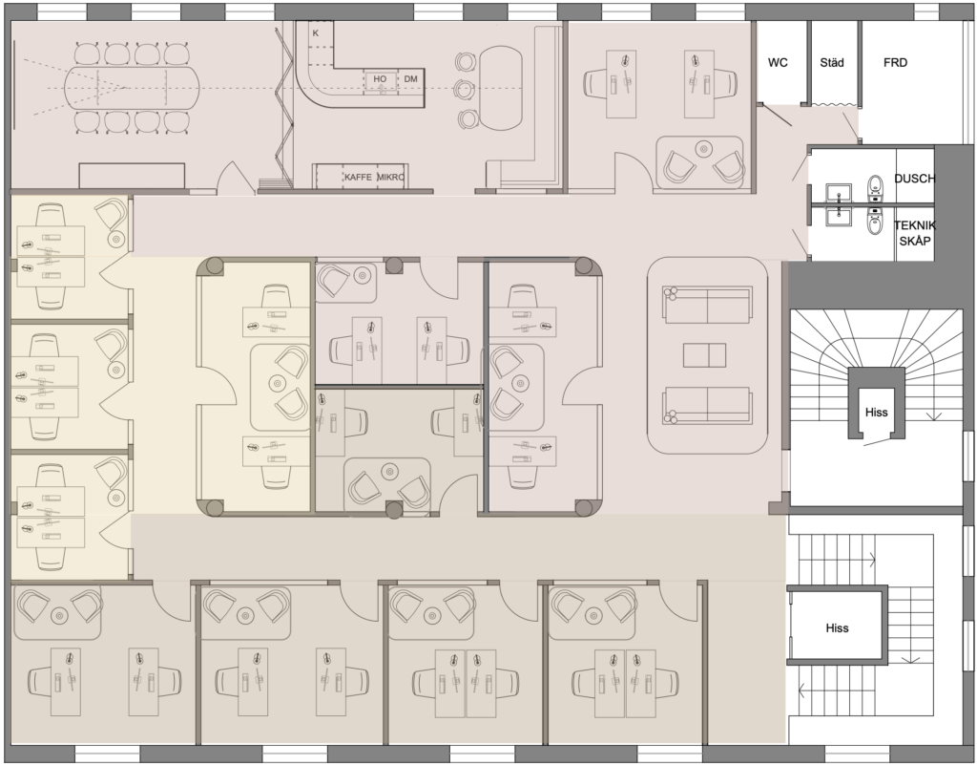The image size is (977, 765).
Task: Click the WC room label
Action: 778,62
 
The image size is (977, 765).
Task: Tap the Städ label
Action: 832,62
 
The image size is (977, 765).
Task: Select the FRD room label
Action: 895,62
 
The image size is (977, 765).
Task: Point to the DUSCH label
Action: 915,179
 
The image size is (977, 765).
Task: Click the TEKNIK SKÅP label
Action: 915,232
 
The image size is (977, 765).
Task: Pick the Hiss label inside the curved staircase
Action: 876,413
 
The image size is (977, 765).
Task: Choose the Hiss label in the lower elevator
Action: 837,627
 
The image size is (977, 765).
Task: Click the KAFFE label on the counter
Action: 358,177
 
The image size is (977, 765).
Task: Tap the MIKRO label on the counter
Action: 390,177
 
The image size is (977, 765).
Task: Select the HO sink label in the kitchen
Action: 380,79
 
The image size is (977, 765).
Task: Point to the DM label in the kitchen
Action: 410,79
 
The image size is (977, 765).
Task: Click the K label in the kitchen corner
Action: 315,33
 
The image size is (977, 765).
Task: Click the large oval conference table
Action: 132,88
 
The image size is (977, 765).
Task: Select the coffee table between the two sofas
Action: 704,354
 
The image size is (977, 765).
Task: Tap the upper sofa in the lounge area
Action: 707,305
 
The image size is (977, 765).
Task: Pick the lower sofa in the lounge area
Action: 707,406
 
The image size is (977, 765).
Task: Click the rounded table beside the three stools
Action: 500,88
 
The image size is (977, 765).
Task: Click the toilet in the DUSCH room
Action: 875,185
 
